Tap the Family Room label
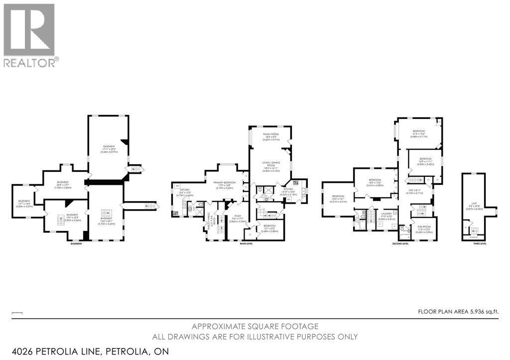click(x=272, y=137)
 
